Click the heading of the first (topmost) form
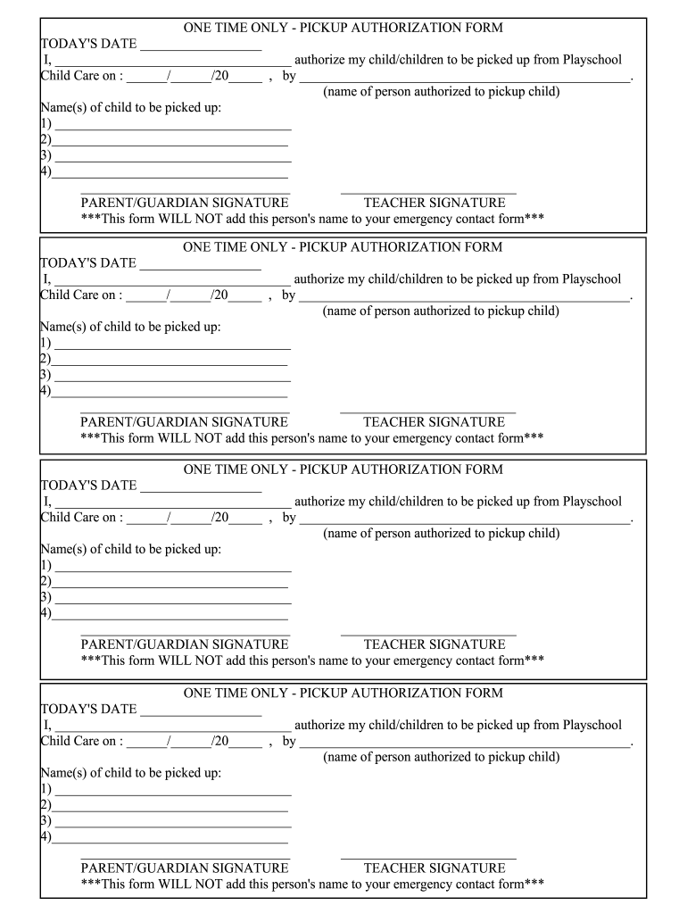point(343,28)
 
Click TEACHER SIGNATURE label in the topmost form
point(434,203)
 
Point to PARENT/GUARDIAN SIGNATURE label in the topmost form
point(185,203)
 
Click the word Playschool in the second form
point(592,279)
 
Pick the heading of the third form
point(343,469)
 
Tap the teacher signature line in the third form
point(428,634)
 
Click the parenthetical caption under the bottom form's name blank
point(441,757)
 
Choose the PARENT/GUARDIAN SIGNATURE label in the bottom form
point(185,868)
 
